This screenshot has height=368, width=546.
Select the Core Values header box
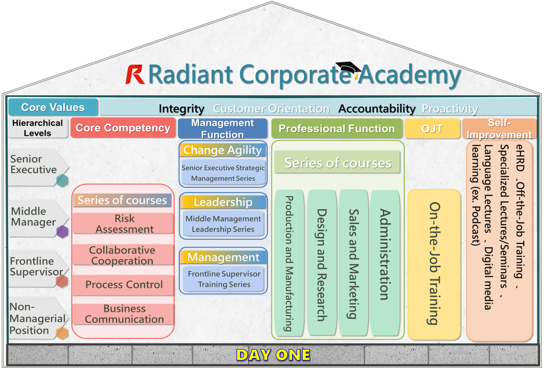(x=53, y=107)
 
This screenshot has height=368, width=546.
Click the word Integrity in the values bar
(x=182, y=109)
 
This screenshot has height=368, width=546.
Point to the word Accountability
(x=377, y=109)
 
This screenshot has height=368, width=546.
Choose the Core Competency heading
(x=123, y=128)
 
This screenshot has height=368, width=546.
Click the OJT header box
(x=432, y=129)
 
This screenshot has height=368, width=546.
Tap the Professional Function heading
(x=337, y=129)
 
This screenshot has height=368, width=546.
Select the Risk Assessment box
(x=124, y=223)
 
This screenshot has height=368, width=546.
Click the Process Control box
(x=124, y=285)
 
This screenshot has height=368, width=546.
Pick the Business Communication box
(x=124, y=314)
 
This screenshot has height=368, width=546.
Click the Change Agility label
(x=222, y=150)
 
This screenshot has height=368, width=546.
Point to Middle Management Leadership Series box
(x=223, y=224)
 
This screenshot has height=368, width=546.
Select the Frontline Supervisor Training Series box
(x=223, y=279)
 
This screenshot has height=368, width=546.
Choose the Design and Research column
(x=322, y=263)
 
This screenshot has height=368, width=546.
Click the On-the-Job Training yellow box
(x=434, y=263)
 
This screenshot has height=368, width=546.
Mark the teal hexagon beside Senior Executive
(x=62, y=180)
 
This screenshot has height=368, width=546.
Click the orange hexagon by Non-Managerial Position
(x=62, y=333)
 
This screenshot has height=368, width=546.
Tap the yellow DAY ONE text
(x=273, y=355)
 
